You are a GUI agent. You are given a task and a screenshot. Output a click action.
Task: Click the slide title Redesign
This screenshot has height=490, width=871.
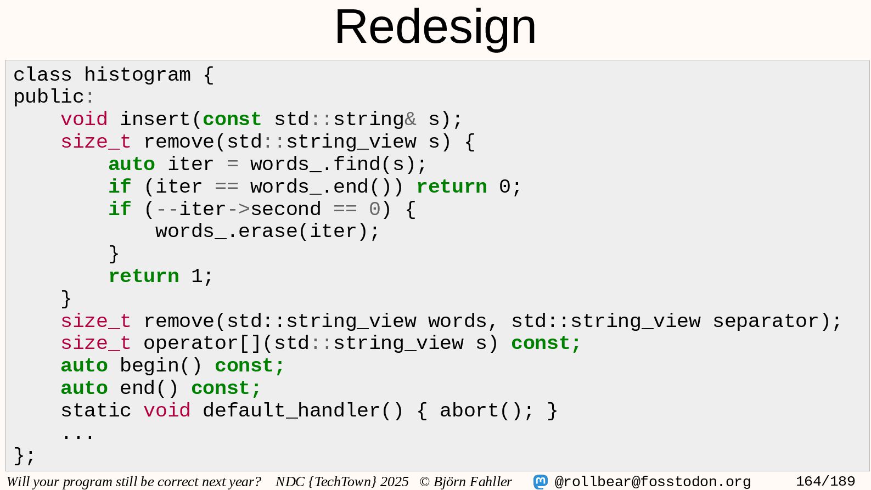click(x=435, y=27)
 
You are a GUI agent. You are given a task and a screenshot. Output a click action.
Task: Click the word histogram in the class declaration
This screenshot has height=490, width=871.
click(x=137, y=75)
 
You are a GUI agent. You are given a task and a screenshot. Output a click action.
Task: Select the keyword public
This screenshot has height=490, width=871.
click(x=48, y=97)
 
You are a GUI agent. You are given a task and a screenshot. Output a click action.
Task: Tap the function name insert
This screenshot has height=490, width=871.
click(x=155, y=119)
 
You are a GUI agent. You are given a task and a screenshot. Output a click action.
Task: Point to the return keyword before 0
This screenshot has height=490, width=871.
click(x=451, y=187)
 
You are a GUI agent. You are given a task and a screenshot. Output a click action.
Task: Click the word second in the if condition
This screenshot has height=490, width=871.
click(x=285, y=209)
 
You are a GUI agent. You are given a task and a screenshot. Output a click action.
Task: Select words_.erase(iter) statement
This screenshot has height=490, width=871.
click(x=267, y=232)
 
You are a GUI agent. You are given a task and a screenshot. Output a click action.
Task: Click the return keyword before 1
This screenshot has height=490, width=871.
click(x=144, y=276)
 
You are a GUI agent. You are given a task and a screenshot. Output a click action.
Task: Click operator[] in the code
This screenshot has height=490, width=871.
click(x=203, y=343)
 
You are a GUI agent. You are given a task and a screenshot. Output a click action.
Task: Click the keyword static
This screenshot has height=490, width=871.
click(x=96, y=410)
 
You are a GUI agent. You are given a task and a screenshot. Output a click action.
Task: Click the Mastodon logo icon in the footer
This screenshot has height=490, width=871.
click(x=541, y=482)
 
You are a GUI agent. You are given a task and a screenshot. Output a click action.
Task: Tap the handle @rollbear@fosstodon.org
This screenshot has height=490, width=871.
click(x=653, y=482)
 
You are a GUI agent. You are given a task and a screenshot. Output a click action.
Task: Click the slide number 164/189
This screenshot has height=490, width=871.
click(x=825, y=482)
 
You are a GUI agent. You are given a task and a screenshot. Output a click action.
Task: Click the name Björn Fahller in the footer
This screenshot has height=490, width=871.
click(x=473, y=482)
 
